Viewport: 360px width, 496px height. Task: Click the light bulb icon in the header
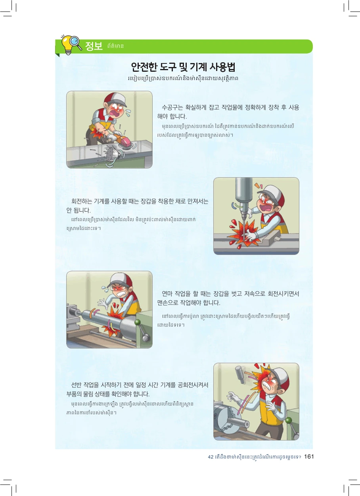(x=68, y=45)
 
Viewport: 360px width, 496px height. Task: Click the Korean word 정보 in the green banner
(x=94, y=46)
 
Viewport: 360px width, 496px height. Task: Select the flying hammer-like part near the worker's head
(x=240, y=375)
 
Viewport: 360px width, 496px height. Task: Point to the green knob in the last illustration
(x=289, y=420)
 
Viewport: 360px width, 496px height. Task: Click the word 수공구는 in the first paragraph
(x=172, y=107)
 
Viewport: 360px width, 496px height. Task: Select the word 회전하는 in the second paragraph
(x=81, y=201)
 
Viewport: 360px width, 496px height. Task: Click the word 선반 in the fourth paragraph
(x=76, y=385)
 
